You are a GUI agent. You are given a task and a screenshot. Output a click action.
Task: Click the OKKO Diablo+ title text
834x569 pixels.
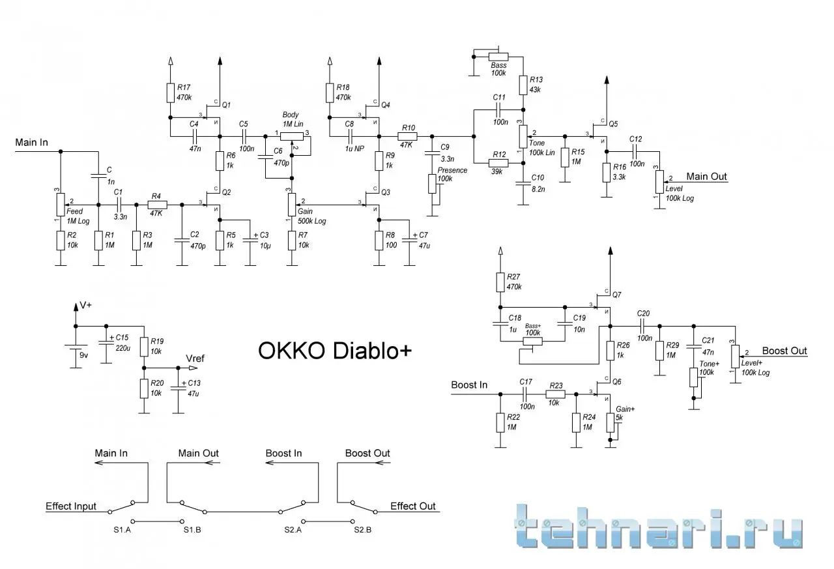tap(335, 351)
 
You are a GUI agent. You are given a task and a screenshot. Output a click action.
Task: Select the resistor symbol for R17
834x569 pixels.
tap(171, 93)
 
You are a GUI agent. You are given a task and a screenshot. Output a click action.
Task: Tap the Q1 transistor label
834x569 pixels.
tap(226, 105)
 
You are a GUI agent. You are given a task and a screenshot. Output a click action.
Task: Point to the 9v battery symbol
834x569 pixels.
tap(76, 347)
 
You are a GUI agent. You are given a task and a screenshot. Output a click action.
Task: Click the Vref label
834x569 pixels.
tap(195, 358)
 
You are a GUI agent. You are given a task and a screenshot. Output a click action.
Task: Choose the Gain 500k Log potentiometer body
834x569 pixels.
tap(292, 205)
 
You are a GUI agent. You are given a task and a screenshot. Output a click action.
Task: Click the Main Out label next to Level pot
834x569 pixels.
tap(706, 177)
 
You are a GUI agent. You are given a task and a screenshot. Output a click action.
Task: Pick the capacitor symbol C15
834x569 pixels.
tap(106, 343)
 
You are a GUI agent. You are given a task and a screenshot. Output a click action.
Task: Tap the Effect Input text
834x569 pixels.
tap(71, 506)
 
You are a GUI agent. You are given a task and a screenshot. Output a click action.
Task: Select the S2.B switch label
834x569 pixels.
tap(363, 529)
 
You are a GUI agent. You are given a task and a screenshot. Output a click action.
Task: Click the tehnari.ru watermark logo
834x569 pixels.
tap(658, 526)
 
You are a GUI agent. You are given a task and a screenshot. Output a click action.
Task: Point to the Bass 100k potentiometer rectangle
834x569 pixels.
tap(498, 57)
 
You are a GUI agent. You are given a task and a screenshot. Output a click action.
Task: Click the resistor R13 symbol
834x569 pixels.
tap(523, 85)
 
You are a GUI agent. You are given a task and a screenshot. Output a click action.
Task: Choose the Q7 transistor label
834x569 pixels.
tap(617, 295)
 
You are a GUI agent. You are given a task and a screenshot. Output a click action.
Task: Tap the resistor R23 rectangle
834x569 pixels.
tap(556, 394)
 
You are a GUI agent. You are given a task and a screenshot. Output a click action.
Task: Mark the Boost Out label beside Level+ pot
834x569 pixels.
tap(784, 351)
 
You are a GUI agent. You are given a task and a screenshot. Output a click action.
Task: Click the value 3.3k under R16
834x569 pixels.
tap(619, 177)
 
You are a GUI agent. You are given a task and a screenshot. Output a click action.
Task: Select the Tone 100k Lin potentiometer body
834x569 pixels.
tap(523, 136)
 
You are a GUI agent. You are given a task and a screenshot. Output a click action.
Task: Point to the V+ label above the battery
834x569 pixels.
tap(85, 305)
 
